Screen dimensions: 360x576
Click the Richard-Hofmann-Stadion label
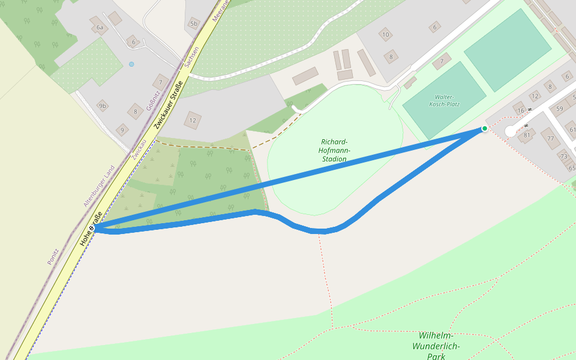[x=334, y=151]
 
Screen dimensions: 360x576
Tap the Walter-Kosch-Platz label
[x=444, y=100]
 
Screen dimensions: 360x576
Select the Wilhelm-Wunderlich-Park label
[x=436, y=346]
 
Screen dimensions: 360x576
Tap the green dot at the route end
[x=485, y=128]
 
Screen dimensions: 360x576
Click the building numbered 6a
[x=100, y=27]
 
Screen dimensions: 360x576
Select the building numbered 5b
[x=193, y=23]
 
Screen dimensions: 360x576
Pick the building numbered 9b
[x=103, y=106]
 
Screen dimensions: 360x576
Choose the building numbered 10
[x=386, y=34]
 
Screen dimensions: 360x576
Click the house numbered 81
[x=527, y=135]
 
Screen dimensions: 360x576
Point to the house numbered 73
[x=563, y=156]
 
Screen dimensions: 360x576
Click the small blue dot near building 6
[x=131, y=64]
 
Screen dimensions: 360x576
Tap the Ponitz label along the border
[x=53, y=256]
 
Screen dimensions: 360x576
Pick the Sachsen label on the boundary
[x=187, y=58]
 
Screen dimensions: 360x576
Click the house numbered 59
[x=560, y=109]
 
